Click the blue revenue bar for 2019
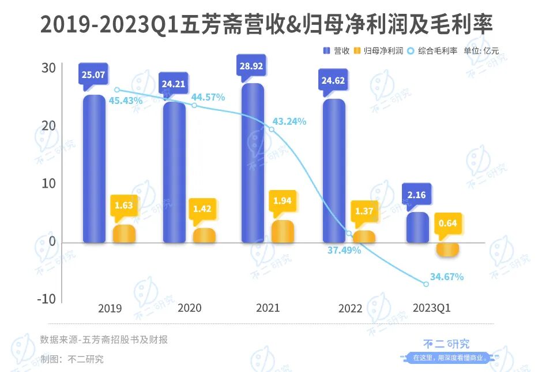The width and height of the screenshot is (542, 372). tap(94, 169)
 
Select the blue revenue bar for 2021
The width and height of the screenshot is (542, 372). tap(253, 163)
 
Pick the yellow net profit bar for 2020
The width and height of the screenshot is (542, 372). tap(204, 235)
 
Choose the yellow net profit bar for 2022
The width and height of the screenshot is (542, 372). tap(363, 236)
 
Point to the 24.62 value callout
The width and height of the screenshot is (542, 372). tap(333, 80)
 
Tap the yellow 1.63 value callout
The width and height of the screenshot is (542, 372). tap(124, 205)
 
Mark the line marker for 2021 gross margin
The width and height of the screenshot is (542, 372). tap(272, 129)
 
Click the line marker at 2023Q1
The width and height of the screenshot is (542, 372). tap(426, 284)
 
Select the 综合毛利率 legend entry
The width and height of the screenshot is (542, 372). tap(432, 51)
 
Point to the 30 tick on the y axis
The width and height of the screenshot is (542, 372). tap(48, 68)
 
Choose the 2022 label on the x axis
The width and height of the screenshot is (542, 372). tap(351, 308)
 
